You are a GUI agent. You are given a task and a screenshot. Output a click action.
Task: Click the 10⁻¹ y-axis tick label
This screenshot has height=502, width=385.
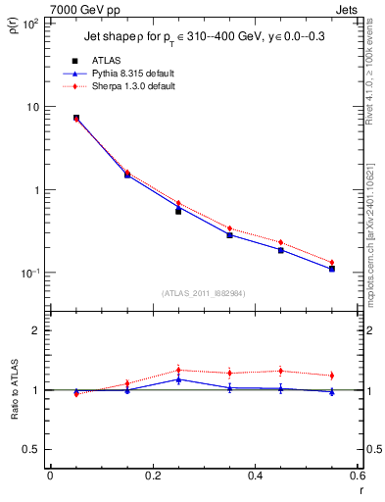28,273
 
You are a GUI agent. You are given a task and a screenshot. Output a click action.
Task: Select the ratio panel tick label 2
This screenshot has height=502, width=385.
36,330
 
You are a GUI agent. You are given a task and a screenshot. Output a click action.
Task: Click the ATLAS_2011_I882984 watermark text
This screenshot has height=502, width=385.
204,293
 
